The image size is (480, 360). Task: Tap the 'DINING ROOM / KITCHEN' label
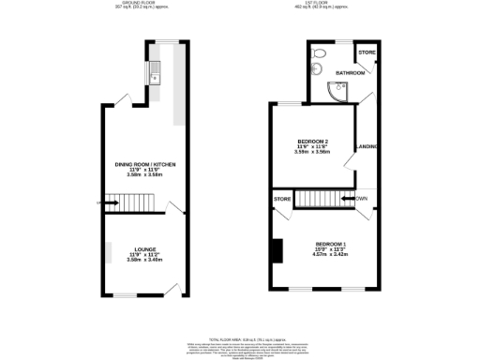pyautogui.click(x=145, y=164)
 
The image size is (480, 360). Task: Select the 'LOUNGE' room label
pyautogui.click(x=145, y=248)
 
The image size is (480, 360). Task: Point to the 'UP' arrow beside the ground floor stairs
pyautogui.click(x=100, y=200)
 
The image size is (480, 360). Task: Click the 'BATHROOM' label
pyautogui.click(x=352, y=72)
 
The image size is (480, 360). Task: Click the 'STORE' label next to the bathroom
pyautogui.click(x=367, y=52)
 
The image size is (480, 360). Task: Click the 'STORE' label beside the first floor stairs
pyautogui.click(x=281, y=200)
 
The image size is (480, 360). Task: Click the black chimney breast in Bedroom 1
pyautogui.click(x=276, y=250)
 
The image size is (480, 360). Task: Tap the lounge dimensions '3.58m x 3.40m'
pyautogui.click(x=145, y=260)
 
